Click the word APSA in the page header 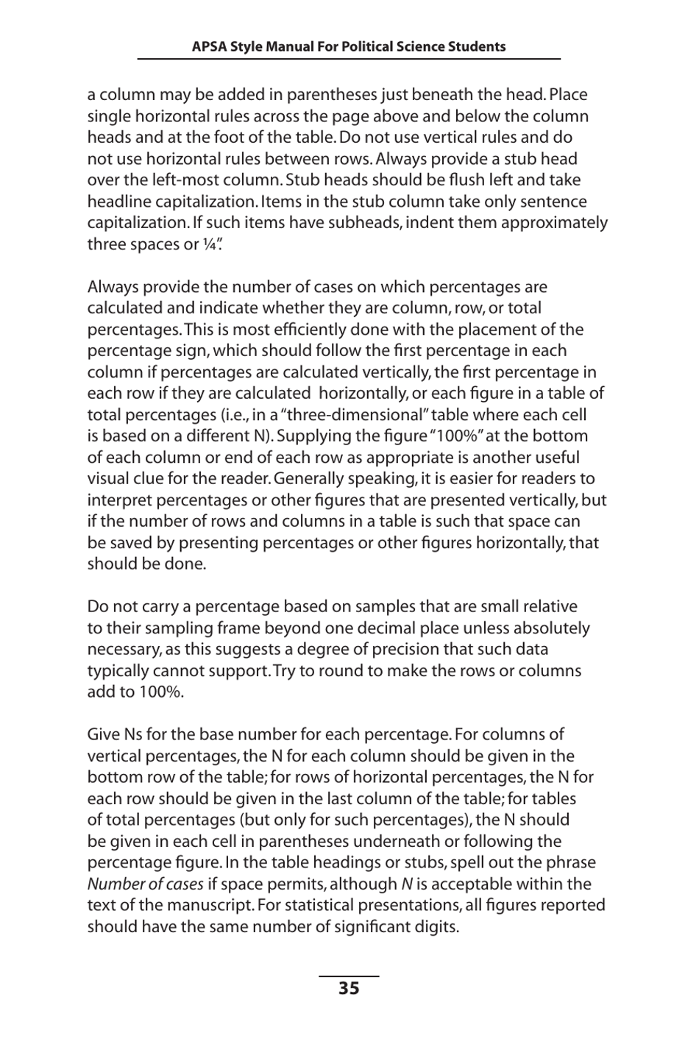[209, 47]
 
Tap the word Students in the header [478, 47]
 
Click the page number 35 [349, 988]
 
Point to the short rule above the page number [349, 976]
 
